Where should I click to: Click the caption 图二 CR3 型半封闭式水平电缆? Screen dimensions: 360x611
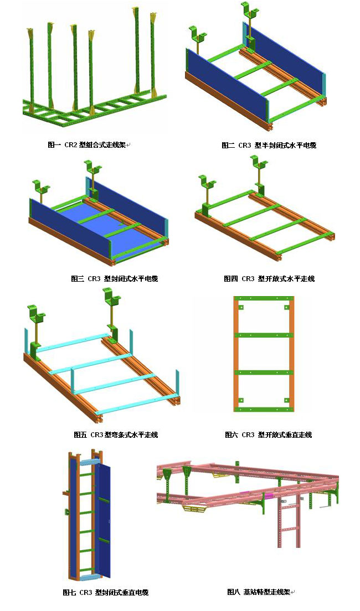click(x=269, y=146)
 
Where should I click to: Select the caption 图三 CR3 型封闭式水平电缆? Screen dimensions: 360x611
click(x=114, y=278)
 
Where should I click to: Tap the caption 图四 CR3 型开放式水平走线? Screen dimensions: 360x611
click(x=269, y=278)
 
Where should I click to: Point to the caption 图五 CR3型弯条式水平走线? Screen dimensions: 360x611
click(x=116, y=434)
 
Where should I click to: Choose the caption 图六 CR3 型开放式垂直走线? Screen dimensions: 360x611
click(x=269, y=434)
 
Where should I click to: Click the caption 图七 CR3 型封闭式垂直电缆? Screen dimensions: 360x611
click(x=106, y=593)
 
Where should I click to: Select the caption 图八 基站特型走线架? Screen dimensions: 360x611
click(x=259, y=592)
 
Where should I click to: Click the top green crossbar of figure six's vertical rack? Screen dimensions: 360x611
click(x=264, y=299)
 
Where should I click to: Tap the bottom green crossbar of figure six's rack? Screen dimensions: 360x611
click(x=264, y=409)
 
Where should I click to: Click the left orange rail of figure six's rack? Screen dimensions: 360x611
click(x=236, y=354)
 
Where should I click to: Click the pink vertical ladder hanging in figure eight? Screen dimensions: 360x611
click(x=289, y=522)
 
